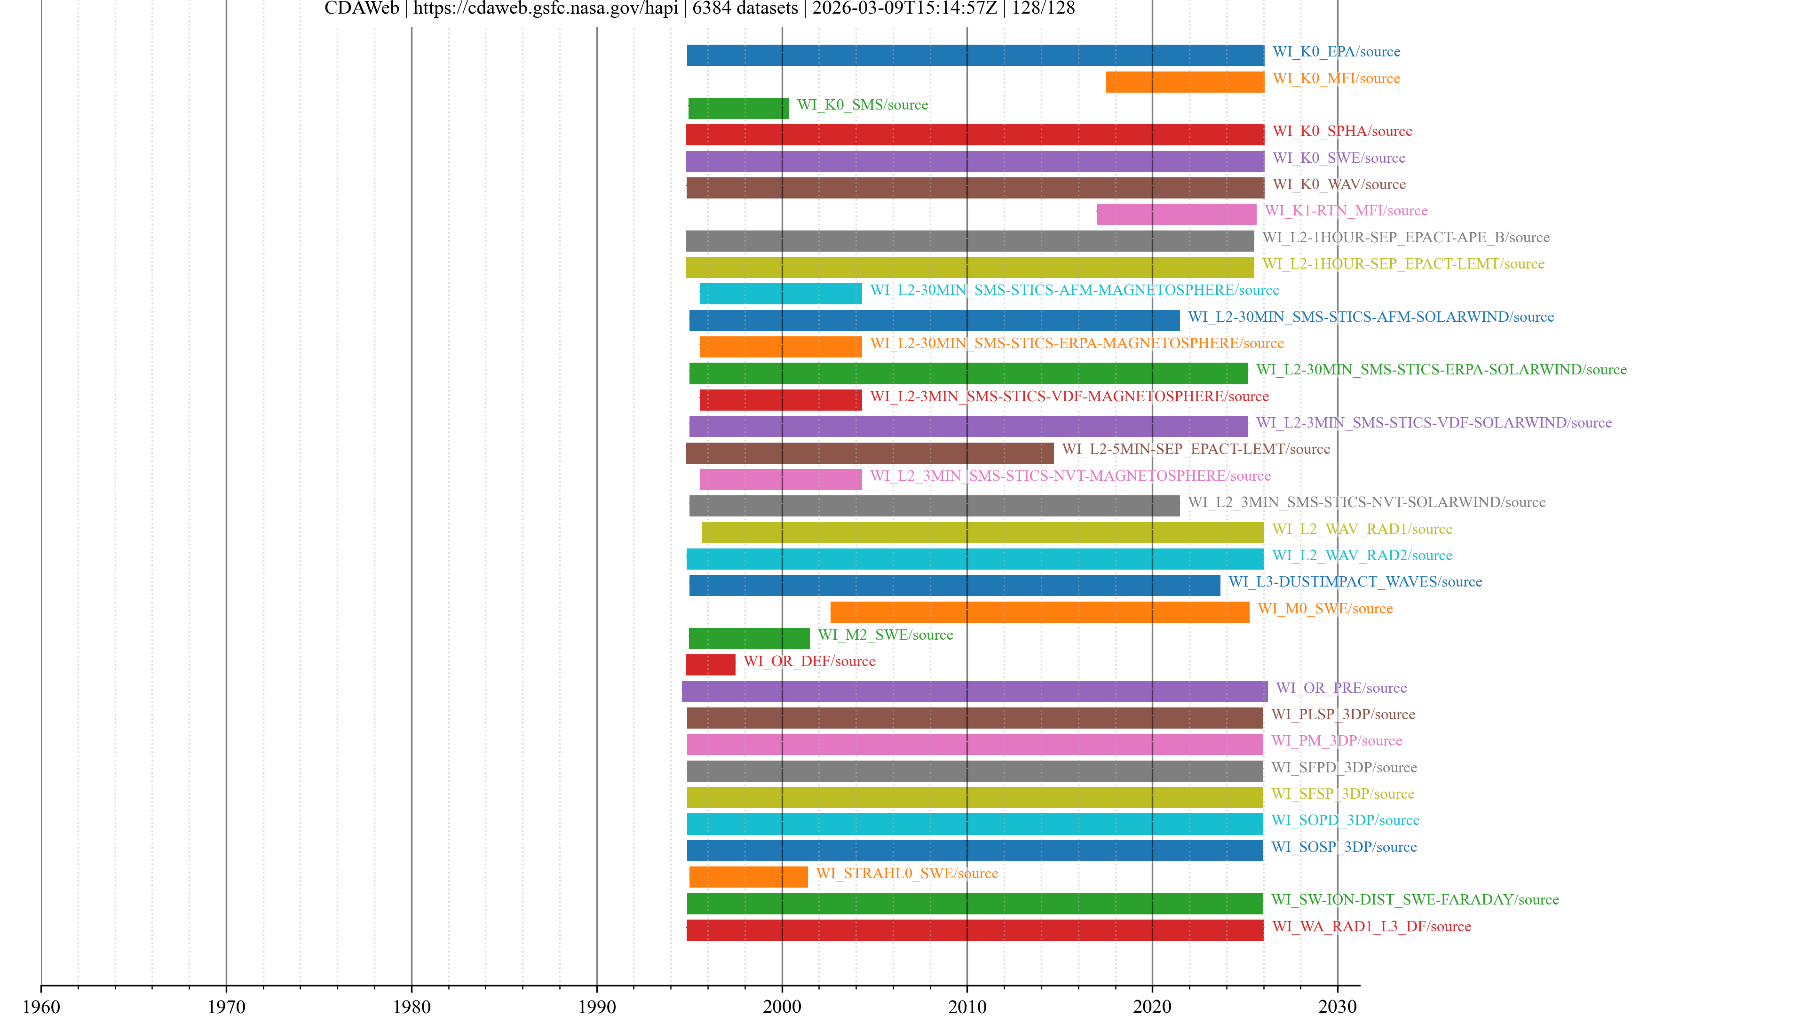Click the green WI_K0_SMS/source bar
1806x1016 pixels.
coord(738,108)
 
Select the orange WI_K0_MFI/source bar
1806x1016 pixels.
coord(1185,82)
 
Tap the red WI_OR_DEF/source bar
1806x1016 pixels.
coord(710,665)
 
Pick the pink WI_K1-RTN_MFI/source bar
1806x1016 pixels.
coord(1176,214)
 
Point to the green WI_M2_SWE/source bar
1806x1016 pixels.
coord(749,638)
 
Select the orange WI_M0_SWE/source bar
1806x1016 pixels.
coord(1039,611)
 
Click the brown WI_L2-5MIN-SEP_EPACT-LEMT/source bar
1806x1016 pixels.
coord(869,453)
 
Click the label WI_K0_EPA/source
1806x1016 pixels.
coord(1336,52)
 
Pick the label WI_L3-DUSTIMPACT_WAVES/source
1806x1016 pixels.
coord(1354,582)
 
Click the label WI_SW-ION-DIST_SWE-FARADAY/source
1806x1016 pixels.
coord(1415,900)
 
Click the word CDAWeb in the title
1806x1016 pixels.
coord(361,8)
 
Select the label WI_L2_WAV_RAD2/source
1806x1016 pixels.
coord(1362,556)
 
